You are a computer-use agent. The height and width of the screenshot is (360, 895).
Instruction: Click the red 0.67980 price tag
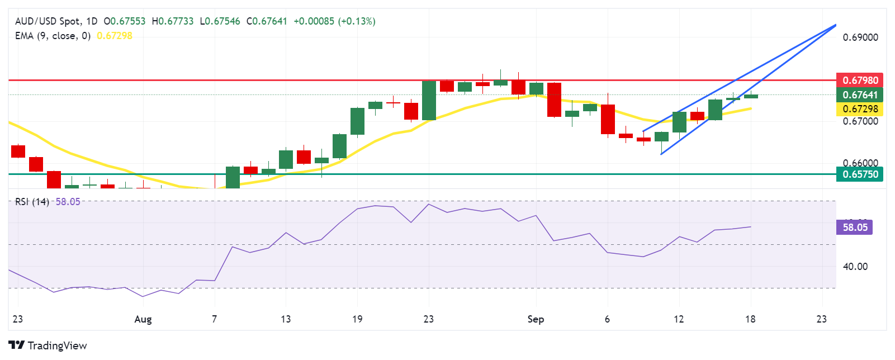coord(860,80)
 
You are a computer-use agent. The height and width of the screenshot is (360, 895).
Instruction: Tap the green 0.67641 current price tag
coord(860,94)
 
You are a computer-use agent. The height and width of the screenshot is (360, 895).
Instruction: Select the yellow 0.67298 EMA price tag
coord(860,108)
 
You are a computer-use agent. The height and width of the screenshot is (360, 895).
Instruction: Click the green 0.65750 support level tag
coord(860,174)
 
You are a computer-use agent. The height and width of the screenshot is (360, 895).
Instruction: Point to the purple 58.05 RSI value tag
coord(855,227)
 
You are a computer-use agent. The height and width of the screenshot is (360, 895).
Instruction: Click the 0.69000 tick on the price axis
coord(860,37)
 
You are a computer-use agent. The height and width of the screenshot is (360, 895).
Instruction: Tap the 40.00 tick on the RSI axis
coord(855,266)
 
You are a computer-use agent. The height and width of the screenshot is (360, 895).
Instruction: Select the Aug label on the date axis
coord(143,319)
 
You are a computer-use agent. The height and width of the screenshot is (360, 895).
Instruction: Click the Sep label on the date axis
coord(536,319)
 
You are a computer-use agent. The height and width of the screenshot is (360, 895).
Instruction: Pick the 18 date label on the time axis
coord(750,319)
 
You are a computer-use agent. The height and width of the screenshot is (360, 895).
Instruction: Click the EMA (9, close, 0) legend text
coord(53,36)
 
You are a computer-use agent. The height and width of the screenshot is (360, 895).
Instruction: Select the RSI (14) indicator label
coord(32,202)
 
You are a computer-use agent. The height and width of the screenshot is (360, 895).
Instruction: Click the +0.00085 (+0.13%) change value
coord(334,21)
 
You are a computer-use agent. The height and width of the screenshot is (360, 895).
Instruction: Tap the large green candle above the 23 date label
coord(429,101)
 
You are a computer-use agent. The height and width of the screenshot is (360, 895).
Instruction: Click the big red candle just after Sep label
coord(554,100)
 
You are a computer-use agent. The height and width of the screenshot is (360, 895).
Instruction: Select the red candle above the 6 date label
coord(608,119)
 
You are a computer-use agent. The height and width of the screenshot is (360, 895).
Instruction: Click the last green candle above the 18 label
coord(751,96)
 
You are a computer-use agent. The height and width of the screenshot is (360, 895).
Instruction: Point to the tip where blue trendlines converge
coord(835,25)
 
